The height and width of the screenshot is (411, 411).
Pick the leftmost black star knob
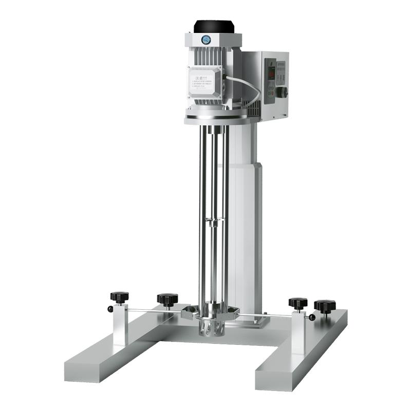[119, 297]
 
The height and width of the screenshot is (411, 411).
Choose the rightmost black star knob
[325, 306]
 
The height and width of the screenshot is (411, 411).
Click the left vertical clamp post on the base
[120, 324]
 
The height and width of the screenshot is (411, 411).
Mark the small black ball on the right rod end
[312, 317]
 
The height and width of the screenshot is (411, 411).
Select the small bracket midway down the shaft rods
[214, 221]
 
